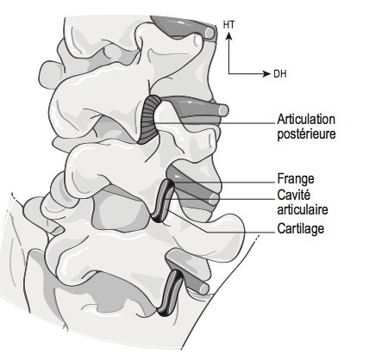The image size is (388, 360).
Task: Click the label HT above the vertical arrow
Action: (x=228, y=25)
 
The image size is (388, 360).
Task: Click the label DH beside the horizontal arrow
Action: (x=279, y=74)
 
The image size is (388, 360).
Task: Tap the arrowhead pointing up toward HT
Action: (x=228, y=35)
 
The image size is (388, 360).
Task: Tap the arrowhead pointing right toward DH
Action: (x=266, y=74)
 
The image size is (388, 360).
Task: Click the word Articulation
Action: (x=306, y=119)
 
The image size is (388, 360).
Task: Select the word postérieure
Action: (x=306, y=134)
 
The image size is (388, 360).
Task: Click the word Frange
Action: (x=296, y=179)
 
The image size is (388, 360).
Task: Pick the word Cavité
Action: (x=294, y=195)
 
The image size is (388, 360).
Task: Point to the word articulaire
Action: (x=303, y=209)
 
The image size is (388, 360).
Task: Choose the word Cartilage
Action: (x=301, y=228)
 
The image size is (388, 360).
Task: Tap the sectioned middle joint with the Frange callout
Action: (x=163, y=201)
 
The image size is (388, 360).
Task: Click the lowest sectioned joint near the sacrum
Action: (x=171, y=293)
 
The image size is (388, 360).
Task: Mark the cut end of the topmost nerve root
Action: (x=210, y=33)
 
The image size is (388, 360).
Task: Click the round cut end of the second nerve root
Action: (x=223, y=110)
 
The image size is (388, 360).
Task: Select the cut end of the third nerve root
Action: (x=214, y=199)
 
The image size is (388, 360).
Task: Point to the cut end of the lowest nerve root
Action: (x=203, y=289)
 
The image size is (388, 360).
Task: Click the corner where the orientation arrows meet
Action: (x=228, y=74)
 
